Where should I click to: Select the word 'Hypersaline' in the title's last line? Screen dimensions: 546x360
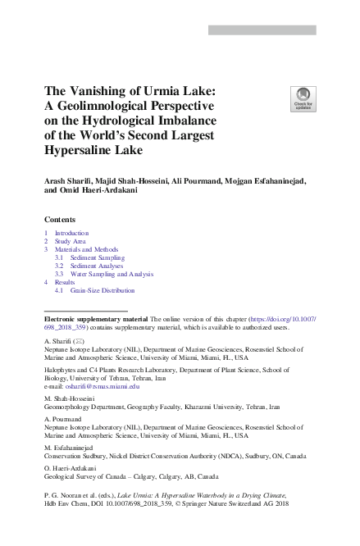(x=84, y=151)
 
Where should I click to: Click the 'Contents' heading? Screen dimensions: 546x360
(x=60, y=220)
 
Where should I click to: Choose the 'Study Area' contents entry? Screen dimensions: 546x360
(x=71, y=242)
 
